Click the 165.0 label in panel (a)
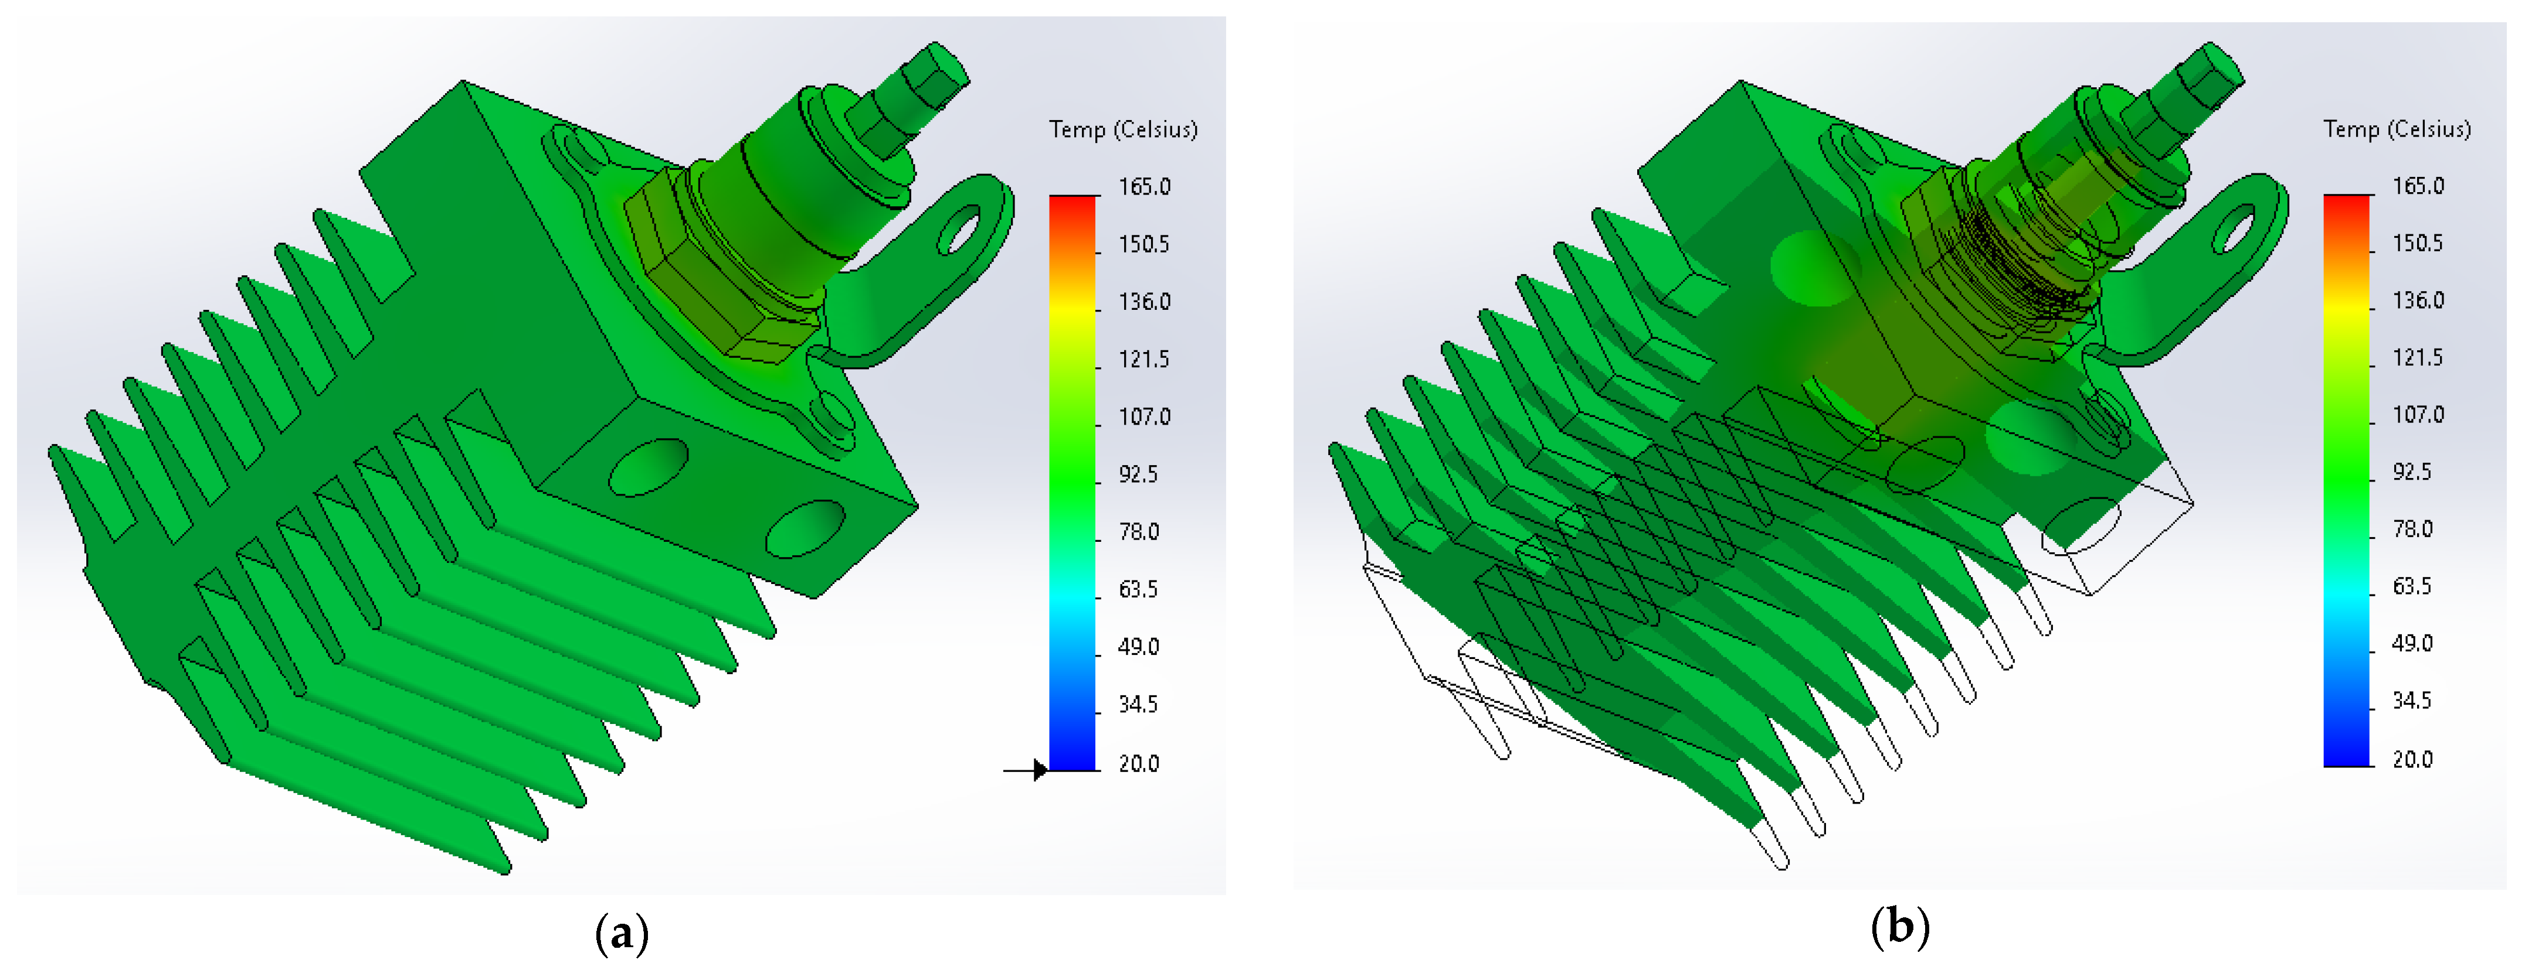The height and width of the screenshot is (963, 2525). click(1144, 187)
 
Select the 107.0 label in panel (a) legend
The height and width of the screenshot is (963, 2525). click(1144, 417)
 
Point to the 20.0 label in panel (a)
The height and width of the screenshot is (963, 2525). click(1138, 764)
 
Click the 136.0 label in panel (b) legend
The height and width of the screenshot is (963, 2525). click(2418, 300)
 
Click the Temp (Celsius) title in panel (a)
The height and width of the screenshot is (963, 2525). click(1124, 129)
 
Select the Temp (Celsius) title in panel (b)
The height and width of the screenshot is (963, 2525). click(2398, 129)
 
